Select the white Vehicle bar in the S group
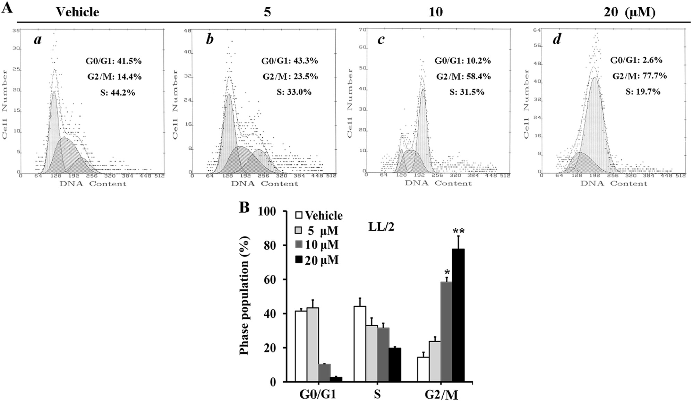(359, 343)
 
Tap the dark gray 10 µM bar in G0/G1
(324, 373)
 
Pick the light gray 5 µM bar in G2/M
(435, 361)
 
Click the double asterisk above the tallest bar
(458, 232)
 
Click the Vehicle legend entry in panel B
(318, 215)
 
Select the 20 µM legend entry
(316, 260)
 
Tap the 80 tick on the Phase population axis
(271, 245)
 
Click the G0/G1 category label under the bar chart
(318, 394)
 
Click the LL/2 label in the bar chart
(381, 227)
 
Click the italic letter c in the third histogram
(381, 40)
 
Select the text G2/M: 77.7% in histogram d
(639, 76)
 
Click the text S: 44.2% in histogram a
(118, 92)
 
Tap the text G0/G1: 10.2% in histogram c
(462, 61)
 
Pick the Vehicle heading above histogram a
(78, 12)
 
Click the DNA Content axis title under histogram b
(264, 184)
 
